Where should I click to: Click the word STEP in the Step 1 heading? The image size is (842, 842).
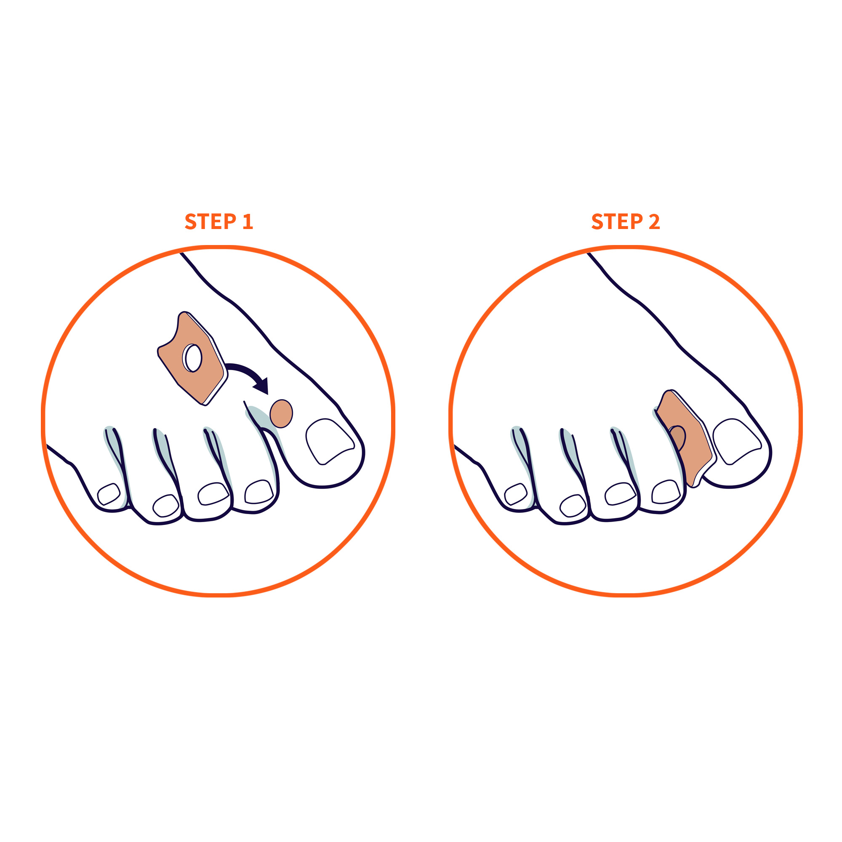210,221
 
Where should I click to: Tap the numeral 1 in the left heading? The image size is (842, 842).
248,221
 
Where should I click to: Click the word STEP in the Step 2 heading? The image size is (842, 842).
617,221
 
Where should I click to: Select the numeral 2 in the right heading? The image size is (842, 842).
654,221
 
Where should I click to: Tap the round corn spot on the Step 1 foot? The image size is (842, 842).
281,413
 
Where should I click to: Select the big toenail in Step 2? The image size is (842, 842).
736,441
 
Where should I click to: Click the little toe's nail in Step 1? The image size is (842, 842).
109,494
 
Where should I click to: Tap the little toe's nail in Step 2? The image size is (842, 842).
516,494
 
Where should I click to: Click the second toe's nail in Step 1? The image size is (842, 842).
259,492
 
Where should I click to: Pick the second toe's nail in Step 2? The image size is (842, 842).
666,492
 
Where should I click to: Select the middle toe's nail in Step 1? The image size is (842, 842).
213,494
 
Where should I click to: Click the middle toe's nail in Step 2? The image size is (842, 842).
620,494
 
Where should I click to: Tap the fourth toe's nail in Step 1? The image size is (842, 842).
166,506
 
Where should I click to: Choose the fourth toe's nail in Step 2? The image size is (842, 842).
573,506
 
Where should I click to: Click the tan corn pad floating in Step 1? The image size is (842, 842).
193,358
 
